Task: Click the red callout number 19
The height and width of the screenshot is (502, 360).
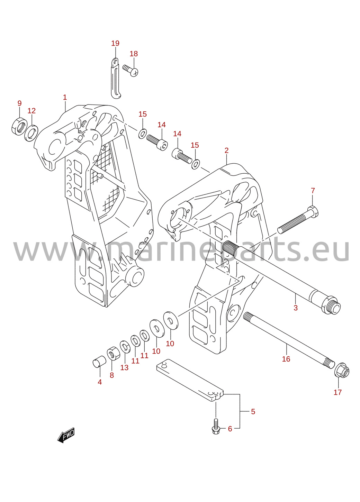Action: (x=115, y=43)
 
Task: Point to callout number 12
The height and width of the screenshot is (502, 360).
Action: (x=31, y=111)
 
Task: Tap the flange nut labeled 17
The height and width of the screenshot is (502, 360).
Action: (x=342, y=372)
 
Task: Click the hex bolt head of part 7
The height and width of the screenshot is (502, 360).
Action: (x=313, y=211)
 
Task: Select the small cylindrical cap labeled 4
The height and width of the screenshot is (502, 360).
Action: (x=99, y=362)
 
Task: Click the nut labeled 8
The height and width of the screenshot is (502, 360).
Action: (x=113, y=354)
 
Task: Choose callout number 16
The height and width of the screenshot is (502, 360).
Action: (x=286, y=359)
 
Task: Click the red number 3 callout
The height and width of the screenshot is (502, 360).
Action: (x=295, y=308)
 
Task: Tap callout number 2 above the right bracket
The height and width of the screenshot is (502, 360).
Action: (x=226, y=150)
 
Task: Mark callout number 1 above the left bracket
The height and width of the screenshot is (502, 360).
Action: (x=65, y=97)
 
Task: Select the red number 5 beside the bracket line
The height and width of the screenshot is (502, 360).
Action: (x=253, y=411)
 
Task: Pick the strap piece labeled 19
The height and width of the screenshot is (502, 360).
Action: (x=116, y=78)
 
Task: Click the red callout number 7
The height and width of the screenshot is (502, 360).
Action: (x=313, y=191)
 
